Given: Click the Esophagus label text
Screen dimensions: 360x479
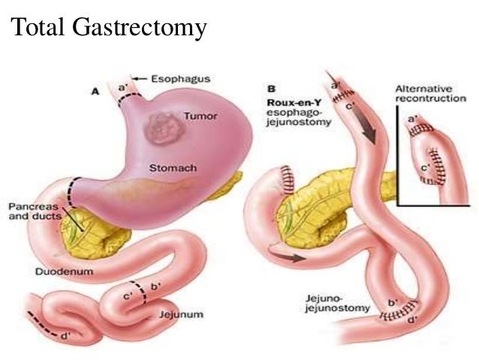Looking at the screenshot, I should point(180,77).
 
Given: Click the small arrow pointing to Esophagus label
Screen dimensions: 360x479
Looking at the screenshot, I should point(139,77).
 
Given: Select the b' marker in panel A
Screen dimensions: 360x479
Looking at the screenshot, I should point(155,286).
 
